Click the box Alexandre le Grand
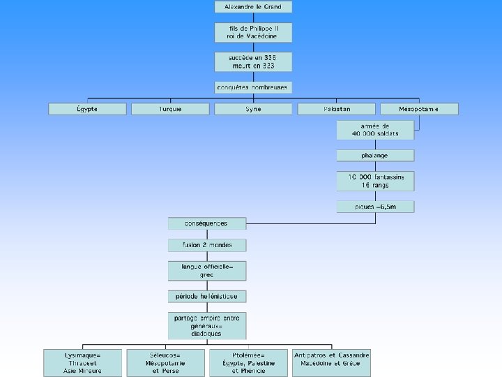pyautogui.click(x=253, y=7)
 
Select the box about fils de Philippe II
pyautogui.click(x=253, y=32)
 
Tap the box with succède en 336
pyautogui.click(x=253, y=61)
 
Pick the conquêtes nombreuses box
pyautogui.click(x=253, y=87)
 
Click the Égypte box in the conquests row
pyautogui.click(x=87, y=109)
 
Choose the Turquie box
pyautogui.click(x=170, y=109)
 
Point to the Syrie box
pyautogui.click(x=253, y=109)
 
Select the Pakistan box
pyautogui.click(x=337, y=109)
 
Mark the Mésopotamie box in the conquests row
pyautogui.click(x=419, y=109)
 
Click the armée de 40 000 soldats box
pyautogui.click(x=375, y=129)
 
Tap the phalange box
pyautogui.click(x=375, y=155)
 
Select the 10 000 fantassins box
pyautogui.click(x=375, y=181)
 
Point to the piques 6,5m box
pyautogui.click(x=375, y=207)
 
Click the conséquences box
pyautogui.click(x=207, y=223)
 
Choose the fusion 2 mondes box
pyautogui.click(x=207, y=245)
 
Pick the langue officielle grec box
pyautogui.click(x=207, y=271)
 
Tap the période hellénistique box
pyautogui.click(x=207, y=297)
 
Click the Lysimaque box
pyautogui.click(x=83, y=362)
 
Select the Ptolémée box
pyautogui.click(x=248, y=362)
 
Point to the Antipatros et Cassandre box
pyautogui.click(x=332, y=362)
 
